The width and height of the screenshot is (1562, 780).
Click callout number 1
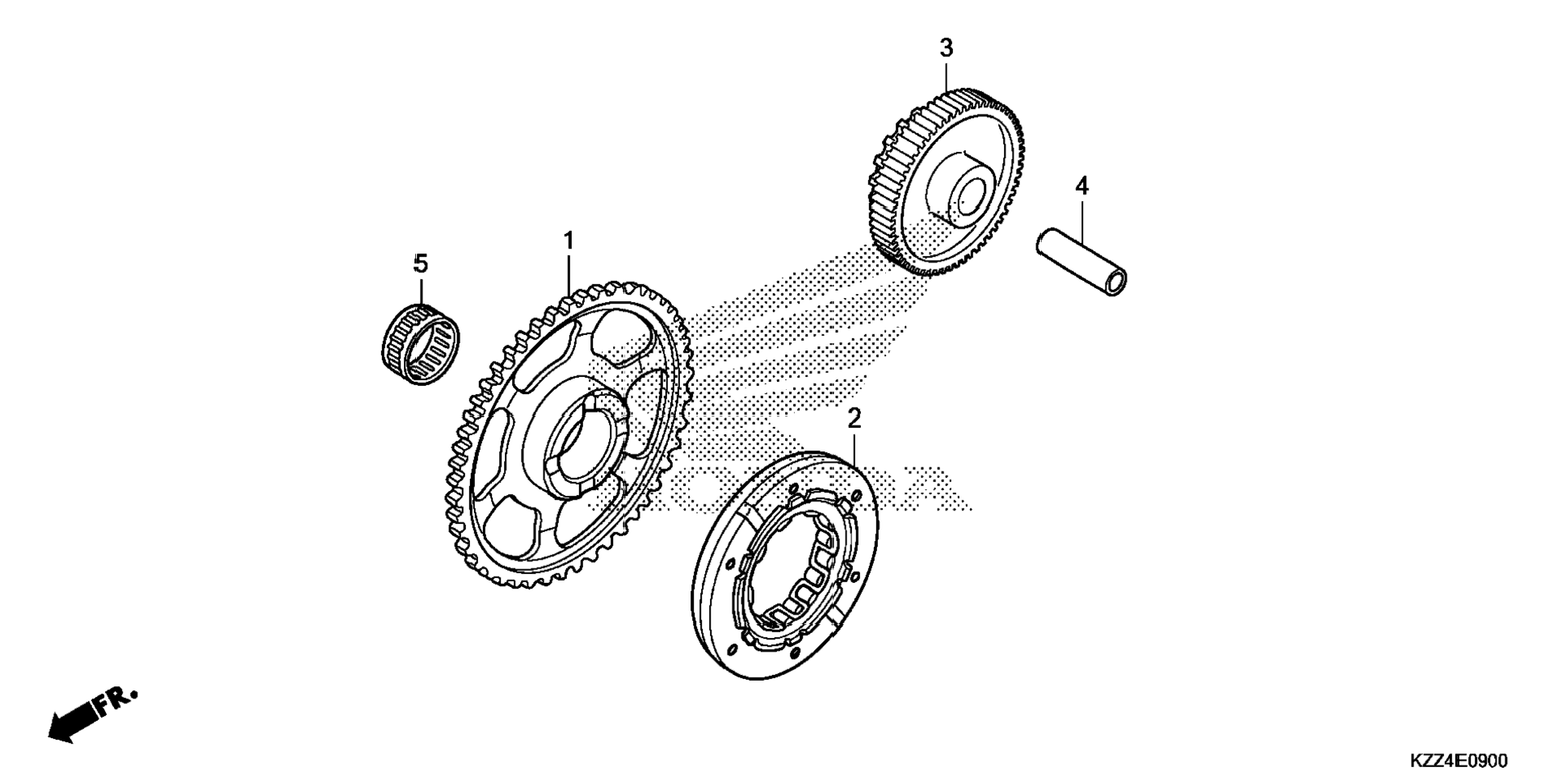[x=569, y=241]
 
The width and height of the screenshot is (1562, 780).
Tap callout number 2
[x=854, y=418]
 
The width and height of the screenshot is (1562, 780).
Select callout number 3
[x=946, y=48]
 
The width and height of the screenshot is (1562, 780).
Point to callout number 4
[x=1081, y=187]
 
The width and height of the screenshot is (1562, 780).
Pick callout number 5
[x=420, y=263]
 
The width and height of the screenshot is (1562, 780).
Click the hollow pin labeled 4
[x=1082, y=264]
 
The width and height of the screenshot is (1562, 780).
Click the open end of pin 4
[x=1115, y=283]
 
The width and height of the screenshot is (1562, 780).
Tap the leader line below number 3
[x=947, y=78]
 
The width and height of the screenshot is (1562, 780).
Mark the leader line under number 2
[x=854, y=450]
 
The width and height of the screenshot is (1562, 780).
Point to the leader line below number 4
[x=1081, y=216]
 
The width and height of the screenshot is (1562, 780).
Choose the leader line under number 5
[x=420, y=291]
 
